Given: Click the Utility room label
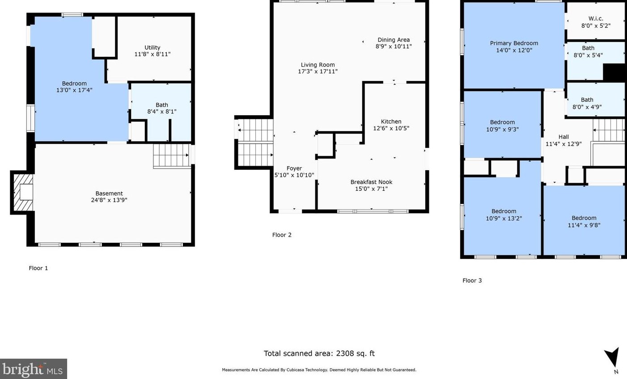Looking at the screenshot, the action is pos(152,47).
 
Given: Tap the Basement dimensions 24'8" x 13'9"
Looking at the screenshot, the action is pos(109,200).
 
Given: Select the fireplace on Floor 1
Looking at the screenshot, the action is pos(23,192).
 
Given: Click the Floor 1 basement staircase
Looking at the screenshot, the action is pos(171,156).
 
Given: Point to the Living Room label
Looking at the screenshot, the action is pos(318,65).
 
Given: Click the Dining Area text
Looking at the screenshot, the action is pos(394,40).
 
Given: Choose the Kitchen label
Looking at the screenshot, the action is pos(391,121).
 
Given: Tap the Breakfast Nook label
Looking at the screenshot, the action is pos(372,182).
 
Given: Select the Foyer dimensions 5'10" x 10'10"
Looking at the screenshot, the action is pos(294,175).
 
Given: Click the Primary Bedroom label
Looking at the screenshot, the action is pos(514,43).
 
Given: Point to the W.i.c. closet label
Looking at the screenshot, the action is pos(596,18).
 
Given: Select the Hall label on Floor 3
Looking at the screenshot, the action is pos(563,137).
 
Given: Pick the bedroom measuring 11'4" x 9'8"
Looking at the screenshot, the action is pos(584,221).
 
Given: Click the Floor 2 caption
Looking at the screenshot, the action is pos(282,235).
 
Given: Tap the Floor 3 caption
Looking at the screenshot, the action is pos(472,280).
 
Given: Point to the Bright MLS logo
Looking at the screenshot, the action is pos(33,369).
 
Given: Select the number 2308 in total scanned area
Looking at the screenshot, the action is pos(343,353).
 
